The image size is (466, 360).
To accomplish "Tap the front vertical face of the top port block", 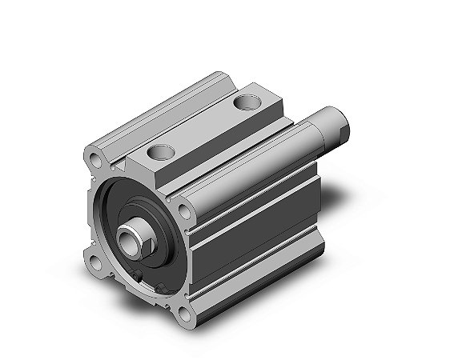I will tap(152, 172).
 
